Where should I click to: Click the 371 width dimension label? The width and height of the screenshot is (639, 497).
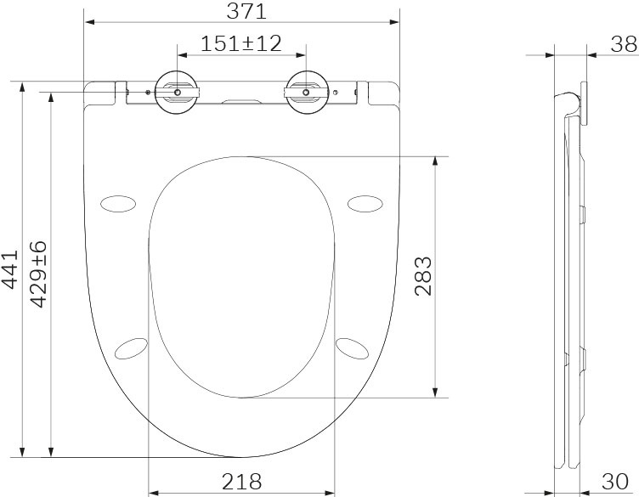click(246, 11)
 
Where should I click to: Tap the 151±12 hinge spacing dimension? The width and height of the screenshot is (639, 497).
click(241, 43)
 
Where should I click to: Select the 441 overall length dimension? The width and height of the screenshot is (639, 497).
click(10, 269)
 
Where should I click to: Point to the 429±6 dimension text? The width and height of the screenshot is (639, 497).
click(39, 274)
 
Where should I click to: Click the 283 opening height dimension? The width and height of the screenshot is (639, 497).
click(422, 276)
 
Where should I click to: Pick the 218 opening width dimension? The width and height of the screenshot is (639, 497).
click(241, 482)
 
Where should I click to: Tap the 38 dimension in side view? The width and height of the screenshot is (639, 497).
click(624, 44)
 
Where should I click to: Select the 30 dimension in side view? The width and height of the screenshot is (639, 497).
click(615, 482)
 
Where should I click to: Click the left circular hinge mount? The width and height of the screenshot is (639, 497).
click(177, 92)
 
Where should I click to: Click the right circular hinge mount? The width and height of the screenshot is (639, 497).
click(307, 92)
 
